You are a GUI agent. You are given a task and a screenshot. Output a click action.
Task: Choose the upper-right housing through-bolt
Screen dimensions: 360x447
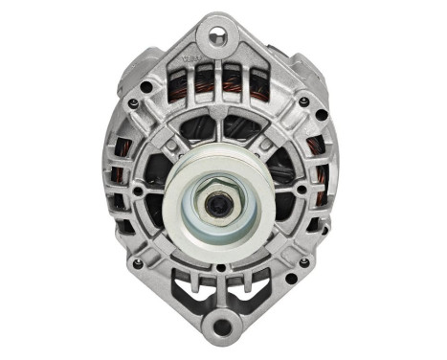[x=302, y=101]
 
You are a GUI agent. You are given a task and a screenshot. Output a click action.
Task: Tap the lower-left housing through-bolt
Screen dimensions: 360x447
[x=140, y=263]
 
